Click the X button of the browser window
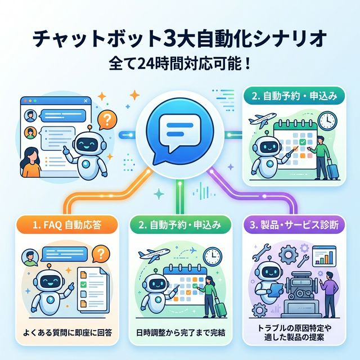tap(85, 101)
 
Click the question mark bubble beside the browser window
tap(106, 119)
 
